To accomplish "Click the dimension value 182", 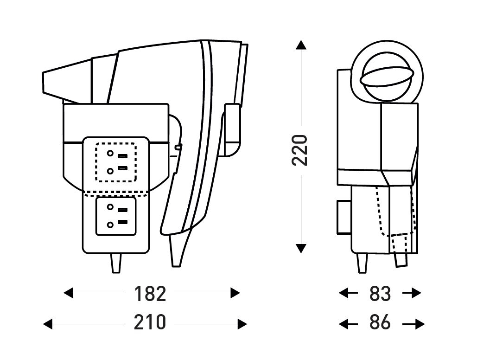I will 150,293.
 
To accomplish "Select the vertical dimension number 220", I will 300,149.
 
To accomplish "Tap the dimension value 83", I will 380,293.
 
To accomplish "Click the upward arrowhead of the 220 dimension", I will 301,45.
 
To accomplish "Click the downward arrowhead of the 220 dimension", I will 301,248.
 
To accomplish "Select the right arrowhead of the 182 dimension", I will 235,293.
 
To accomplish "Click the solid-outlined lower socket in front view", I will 116,216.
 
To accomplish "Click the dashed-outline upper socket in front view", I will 116,162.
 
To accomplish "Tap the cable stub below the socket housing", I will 115,263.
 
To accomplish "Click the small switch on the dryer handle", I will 178,148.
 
